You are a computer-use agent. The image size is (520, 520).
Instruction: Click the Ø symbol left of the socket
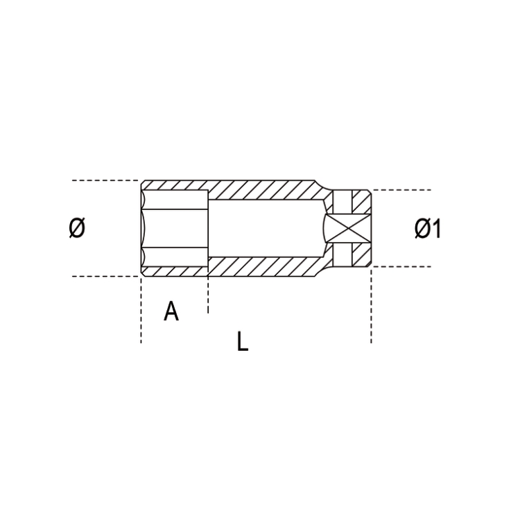[77, 228]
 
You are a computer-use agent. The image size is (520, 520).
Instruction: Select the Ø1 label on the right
[428, 228]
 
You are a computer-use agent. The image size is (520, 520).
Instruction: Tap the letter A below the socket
[171, 311]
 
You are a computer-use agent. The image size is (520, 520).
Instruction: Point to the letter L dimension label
[242, 341]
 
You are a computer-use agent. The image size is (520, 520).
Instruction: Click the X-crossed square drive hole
[345, 228]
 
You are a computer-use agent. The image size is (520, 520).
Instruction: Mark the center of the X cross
[345, 228]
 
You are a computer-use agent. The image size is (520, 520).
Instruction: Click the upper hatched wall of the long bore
[263, 190]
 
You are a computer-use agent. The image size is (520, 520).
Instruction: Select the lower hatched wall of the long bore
[263, 266]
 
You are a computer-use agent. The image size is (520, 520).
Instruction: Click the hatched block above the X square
[354, 200]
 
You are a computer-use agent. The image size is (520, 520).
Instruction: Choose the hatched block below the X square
[354, 256]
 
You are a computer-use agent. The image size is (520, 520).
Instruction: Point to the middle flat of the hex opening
[175, 228]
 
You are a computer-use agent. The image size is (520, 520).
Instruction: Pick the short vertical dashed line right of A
[207, 295]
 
